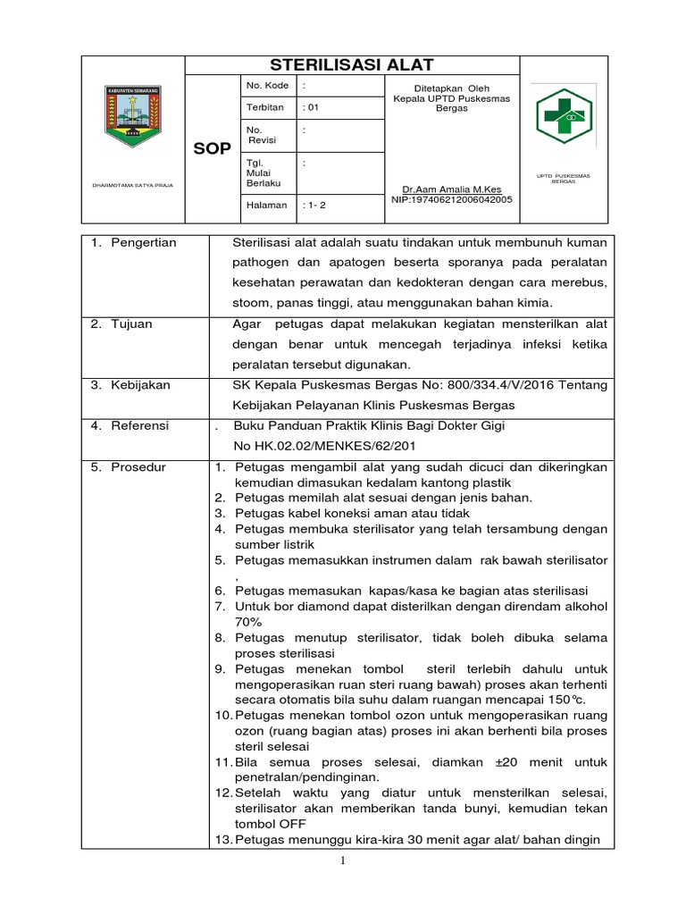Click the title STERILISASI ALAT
352,64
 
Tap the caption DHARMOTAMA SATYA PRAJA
133,186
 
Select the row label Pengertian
143,243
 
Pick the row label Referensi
139,425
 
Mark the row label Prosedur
138,466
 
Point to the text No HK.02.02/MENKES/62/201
324,446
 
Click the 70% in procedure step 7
248,621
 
